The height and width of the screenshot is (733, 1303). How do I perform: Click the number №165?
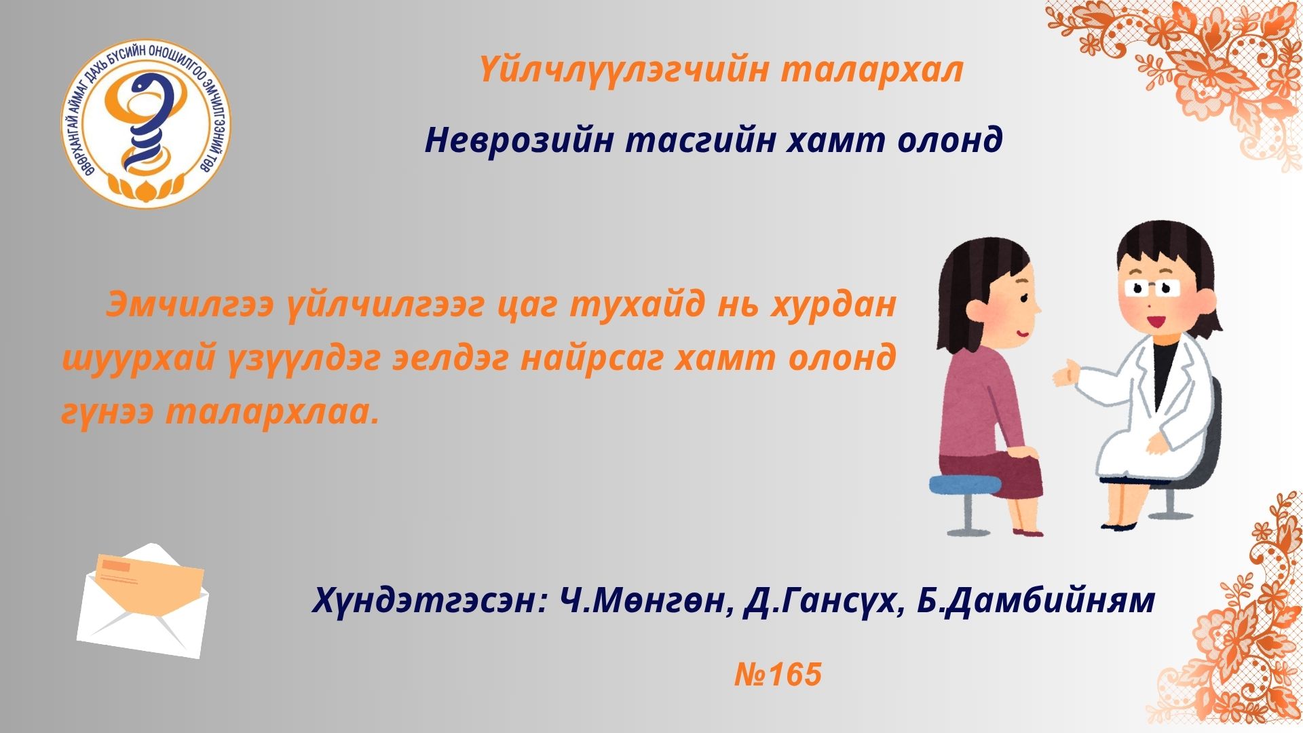pos(778,675)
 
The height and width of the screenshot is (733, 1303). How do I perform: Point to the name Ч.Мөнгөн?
pos(646,600)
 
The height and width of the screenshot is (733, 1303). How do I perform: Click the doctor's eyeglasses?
pos(1153,287)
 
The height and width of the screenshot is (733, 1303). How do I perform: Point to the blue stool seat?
pos(964,484)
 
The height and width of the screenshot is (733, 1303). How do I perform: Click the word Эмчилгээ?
pos(189,305)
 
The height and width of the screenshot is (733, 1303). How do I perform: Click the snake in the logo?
pos(145,122)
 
